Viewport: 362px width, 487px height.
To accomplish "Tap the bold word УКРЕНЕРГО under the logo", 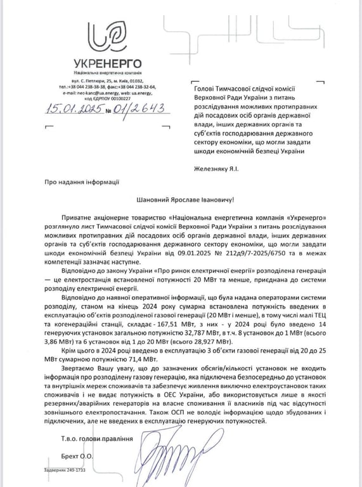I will pos(103,64).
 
